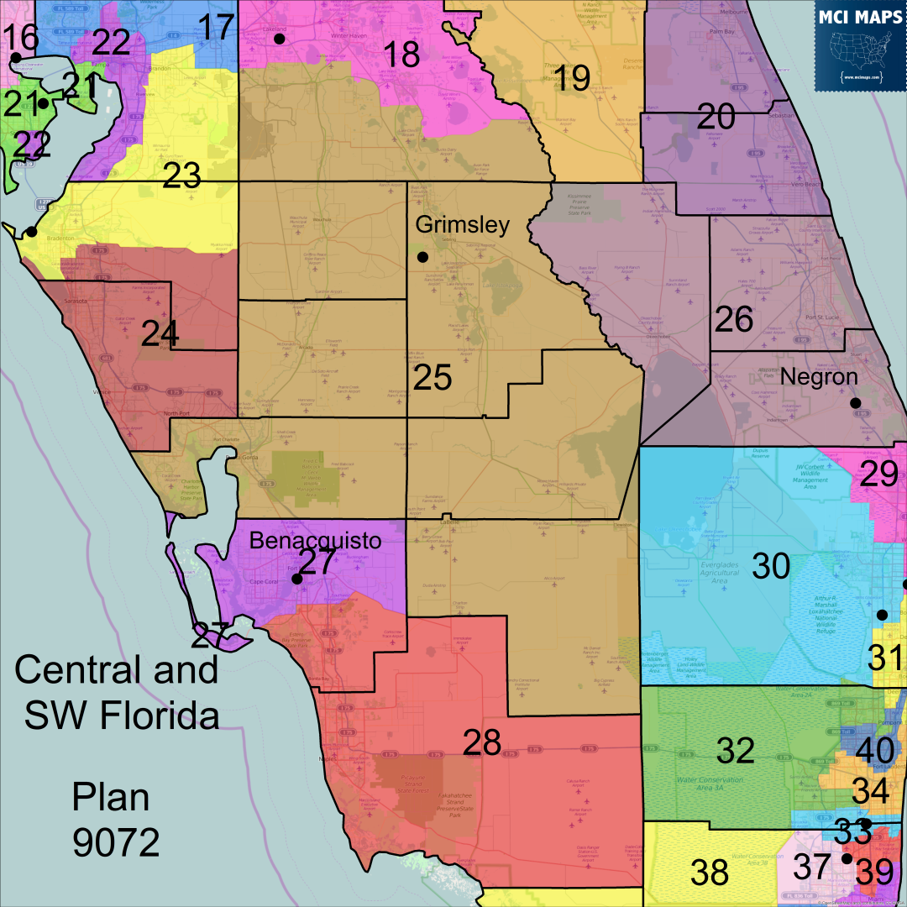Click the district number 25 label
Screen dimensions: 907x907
pyautogui.click(x=433, y=378)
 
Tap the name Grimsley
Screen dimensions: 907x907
pyautogui.click(x=463, y=225)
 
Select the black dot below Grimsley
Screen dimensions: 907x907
pyautogui.click(x=422, y=256)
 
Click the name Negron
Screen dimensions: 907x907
pyautogui.click(x=819, y=377)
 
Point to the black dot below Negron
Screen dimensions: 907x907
pyautogui.click(x=855, y=403)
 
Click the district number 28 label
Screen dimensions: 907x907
pyautogui.click(x=482, y=742)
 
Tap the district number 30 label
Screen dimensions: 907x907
pyautogui.click(x=771, y=567)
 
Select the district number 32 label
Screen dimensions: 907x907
pyautogui.click(x=736, y=751)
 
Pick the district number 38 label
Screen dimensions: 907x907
pyautogui.click(x=710, y=873)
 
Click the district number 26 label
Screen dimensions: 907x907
pyautogui.click(x=734, y=319)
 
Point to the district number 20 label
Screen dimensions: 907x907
pyautogui.click(x=716, y=116)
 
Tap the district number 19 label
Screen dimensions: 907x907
pyautogui.click(x=571, y=78)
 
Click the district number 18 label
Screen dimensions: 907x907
pyautogui.click(x=401, y=55)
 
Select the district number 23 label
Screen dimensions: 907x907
pyautogui.click(x=182, y=176)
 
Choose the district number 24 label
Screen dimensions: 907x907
pyautogui.click(x=160, y=334)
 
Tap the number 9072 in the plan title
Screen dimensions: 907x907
pyautogui.click(x=116, y=842)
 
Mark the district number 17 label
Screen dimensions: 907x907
pyautogui.click(x=216, y=28)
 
